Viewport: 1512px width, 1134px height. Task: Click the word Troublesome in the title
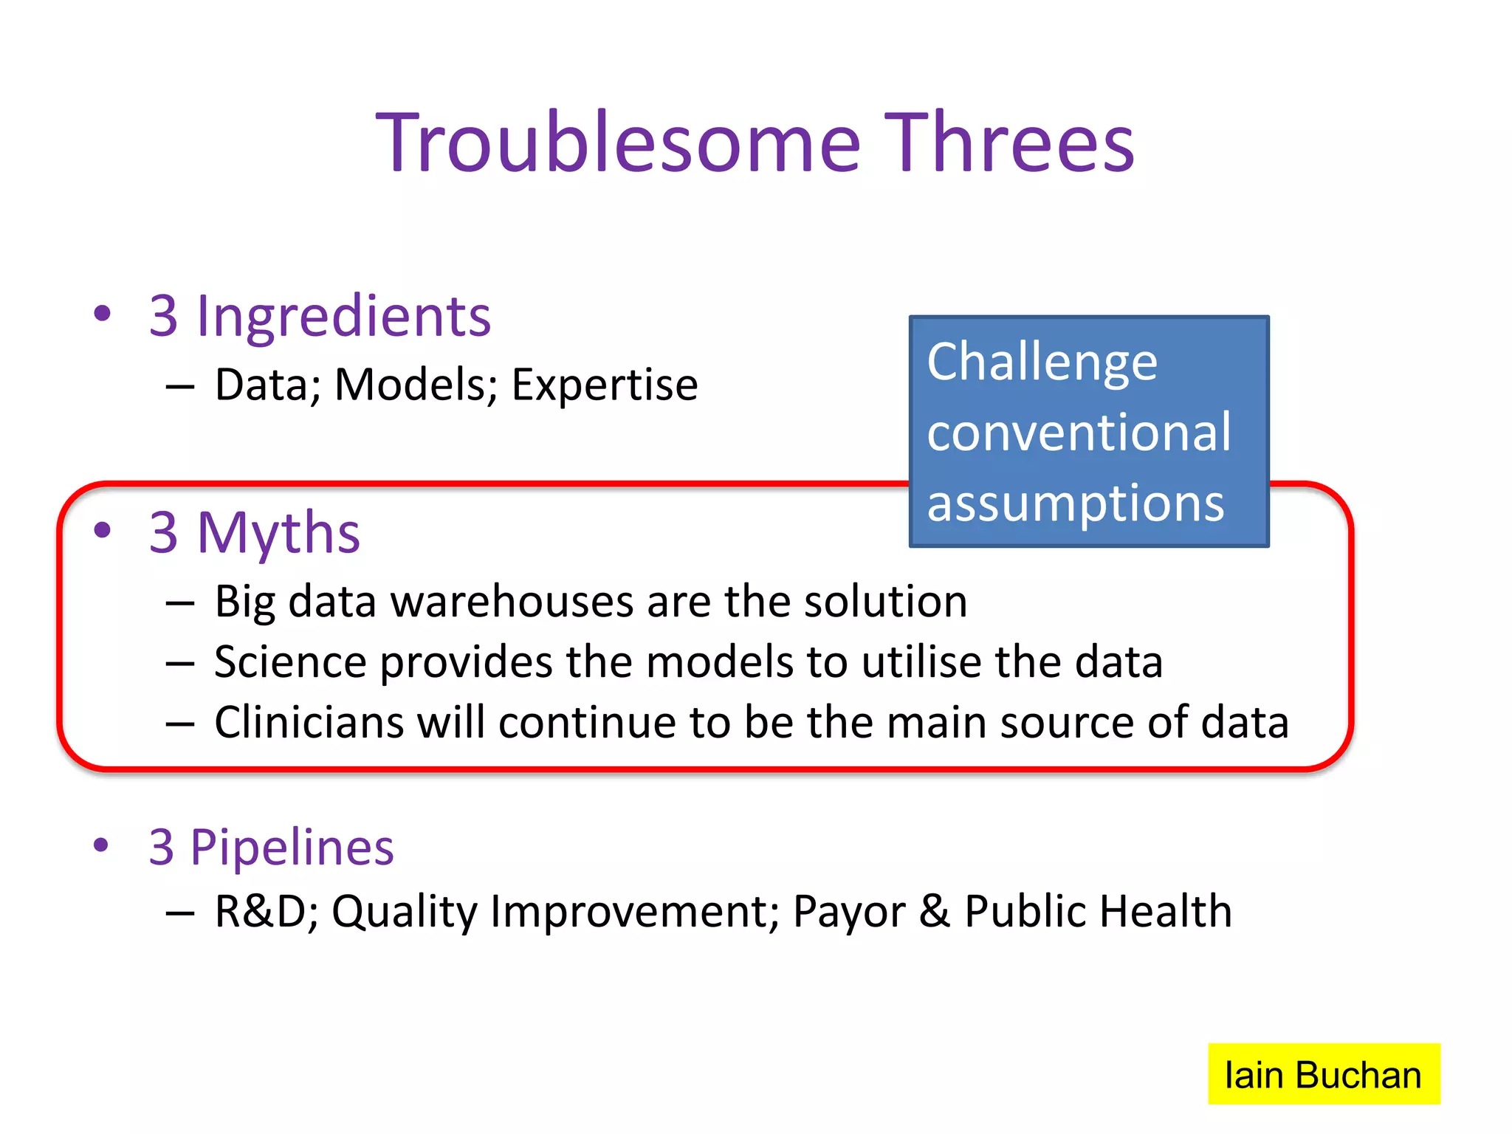[x=618, y=142]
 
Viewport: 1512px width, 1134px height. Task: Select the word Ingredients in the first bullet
[x=343, y=316]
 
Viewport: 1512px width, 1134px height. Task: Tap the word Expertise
[x=604, y=385]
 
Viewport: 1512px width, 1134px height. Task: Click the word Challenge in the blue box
[x=1042, y=362]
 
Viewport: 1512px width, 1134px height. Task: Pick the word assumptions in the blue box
[x=1075, y=504]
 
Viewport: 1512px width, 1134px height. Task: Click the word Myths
[x=278, y=532]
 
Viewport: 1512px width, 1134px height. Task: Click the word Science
[x=290, y=661]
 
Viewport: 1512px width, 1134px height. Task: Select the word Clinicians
[x=309, y=722]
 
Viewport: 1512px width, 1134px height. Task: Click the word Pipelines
[x=292, y=847]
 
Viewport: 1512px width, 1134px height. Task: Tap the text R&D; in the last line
[x=267, y=911]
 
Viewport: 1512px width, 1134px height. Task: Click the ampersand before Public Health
[x=934, y=911]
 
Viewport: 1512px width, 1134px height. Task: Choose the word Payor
[x=848, y=911]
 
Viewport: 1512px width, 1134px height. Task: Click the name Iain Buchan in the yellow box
[x=1322, y=1075]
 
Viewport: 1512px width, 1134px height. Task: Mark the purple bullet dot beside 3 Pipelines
[x=102, y=845]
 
